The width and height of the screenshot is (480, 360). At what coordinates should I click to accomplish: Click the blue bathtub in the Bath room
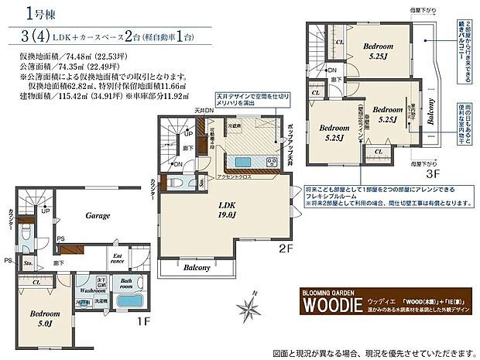click(129, 301)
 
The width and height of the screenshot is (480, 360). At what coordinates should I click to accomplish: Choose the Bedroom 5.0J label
click(36, 320)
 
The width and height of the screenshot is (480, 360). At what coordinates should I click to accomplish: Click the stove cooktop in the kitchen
click(272, 162)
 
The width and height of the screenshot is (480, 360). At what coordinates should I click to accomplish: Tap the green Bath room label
click(126, 282)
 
